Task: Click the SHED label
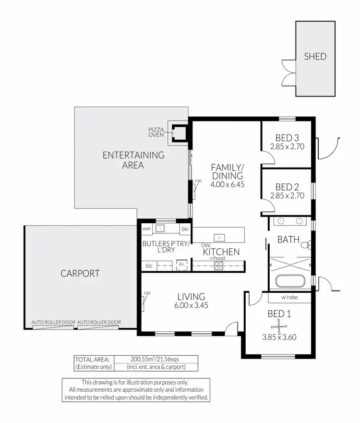(315, 56)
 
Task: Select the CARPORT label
(80, 274)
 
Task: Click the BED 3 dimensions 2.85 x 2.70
(287, 146)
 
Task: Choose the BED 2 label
(288, 187)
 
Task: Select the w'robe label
(290, 298)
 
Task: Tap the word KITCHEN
(221, 252)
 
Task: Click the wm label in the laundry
(146, 229)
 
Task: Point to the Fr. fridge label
(182, 265)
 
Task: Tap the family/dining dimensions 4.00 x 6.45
(228, 184)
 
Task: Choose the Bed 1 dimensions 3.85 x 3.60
(280, 337)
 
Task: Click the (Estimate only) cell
(93, 367)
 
